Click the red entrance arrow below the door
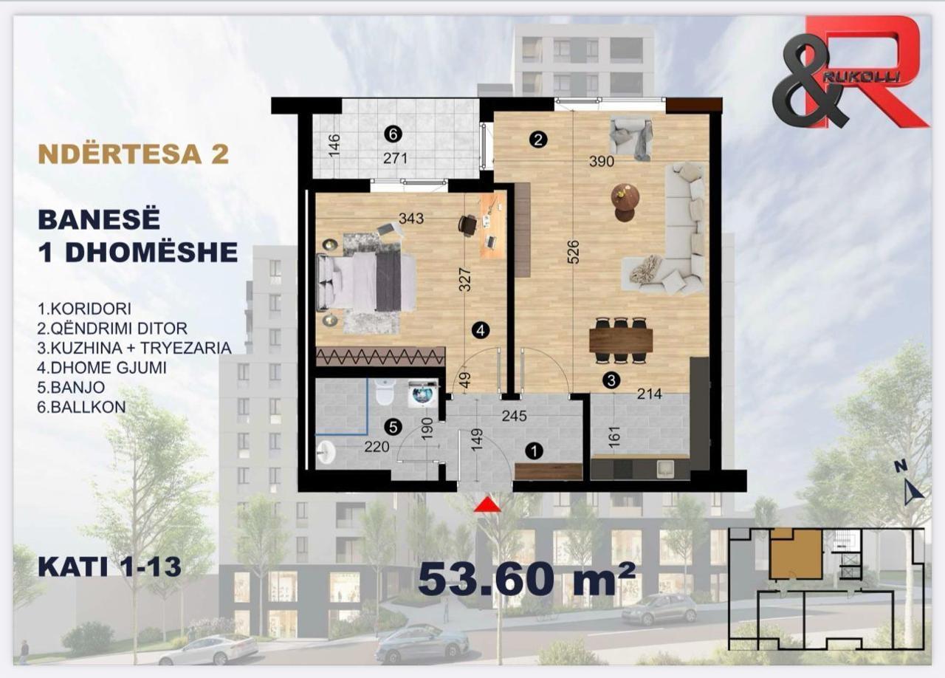[487, 504]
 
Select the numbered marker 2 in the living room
[538, 140]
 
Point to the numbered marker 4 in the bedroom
[481, 331]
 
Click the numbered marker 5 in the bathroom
[394, 427]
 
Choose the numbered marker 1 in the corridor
[535, 451]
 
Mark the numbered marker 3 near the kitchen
[611, 380]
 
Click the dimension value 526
[573, 252]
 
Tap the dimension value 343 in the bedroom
[411, 219]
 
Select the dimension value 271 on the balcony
[395, 158]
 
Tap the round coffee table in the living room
[626, 202]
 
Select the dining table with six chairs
[621, 340]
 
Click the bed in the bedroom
[366, 281]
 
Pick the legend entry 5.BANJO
[72, 387]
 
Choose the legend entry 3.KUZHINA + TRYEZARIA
[134, 348]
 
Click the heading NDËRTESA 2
[134, 154]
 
